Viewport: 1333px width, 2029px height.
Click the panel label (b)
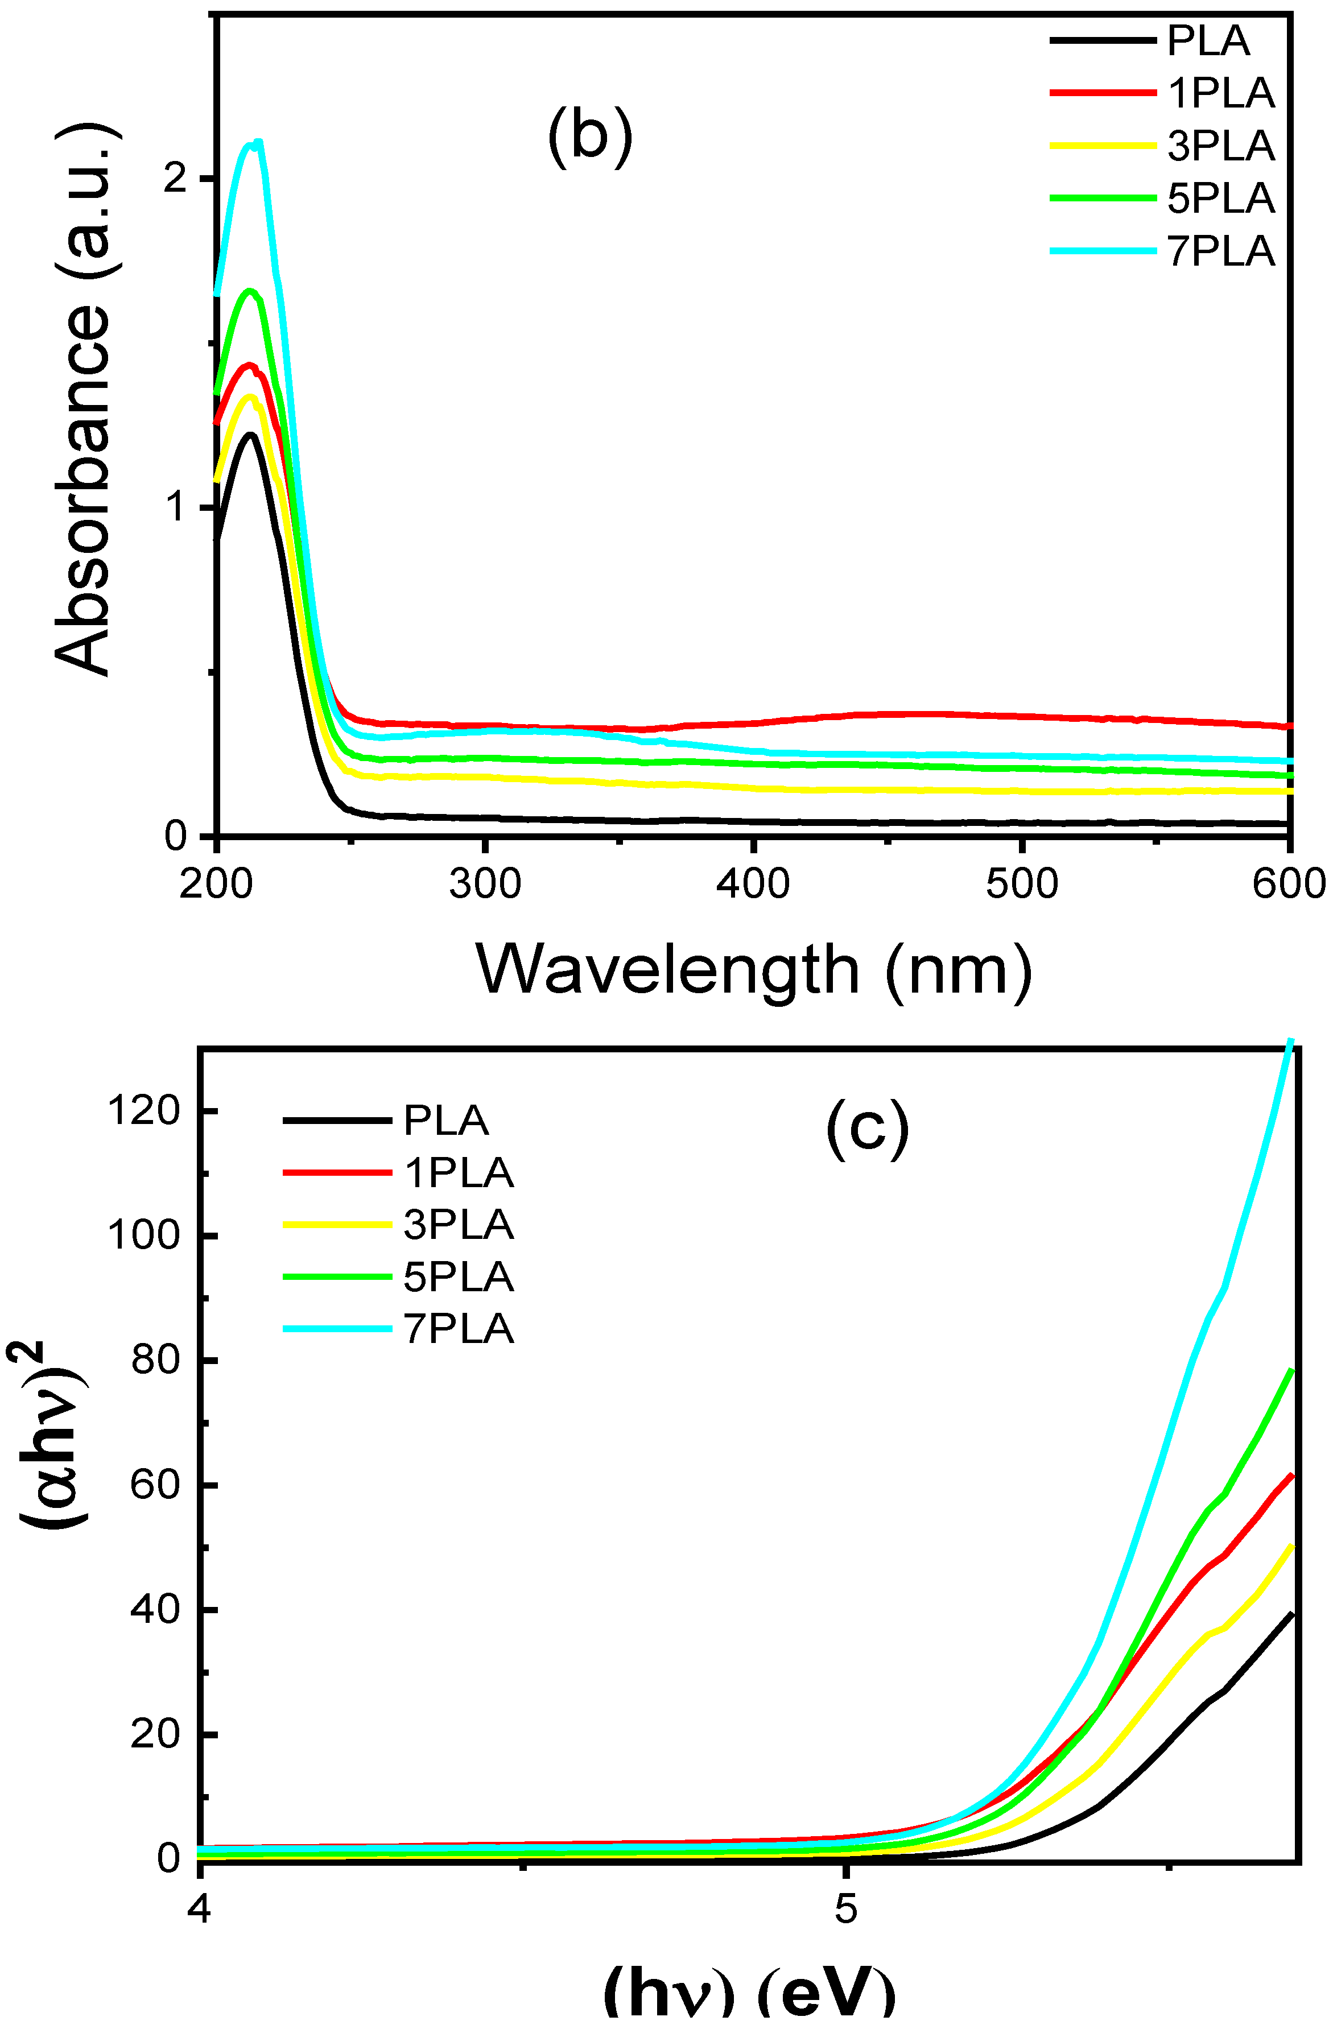589,137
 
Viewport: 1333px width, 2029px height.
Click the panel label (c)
868,1129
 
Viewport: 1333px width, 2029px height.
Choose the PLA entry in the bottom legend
445,1120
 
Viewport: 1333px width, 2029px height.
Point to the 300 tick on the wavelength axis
485,884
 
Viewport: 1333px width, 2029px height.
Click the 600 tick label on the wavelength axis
1289,884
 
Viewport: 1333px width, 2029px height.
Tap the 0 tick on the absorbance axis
176,836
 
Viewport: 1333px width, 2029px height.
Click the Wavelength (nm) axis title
754,970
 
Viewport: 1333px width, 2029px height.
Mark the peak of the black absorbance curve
250,435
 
